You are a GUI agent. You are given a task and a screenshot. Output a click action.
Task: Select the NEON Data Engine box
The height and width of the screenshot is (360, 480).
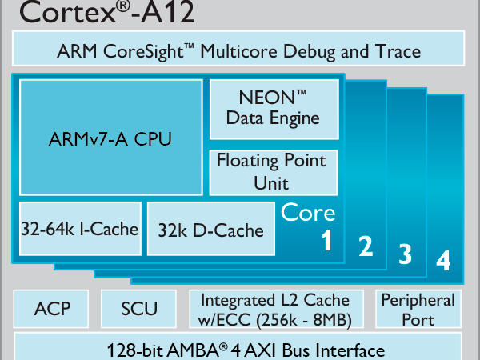pyautogui.click(x=273, y=109)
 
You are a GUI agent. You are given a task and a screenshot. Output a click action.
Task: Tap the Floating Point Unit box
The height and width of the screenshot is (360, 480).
pyautogui.click(x=272, y=172)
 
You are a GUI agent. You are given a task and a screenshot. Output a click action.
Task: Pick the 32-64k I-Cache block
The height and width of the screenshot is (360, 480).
pyautogui.click(x=79, y=230)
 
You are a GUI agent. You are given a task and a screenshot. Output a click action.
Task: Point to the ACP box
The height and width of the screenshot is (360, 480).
pyautogui.click(x=53, y=309)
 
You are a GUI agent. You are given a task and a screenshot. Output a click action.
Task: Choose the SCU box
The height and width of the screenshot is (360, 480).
pyautogui.click(x=140, y=309)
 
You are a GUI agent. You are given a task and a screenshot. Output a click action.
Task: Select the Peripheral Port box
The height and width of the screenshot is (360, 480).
pyautogui.click(x=418, y=310)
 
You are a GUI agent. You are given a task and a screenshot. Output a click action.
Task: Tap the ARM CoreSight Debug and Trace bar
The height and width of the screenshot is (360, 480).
pyautogui.click(x=239, y=51)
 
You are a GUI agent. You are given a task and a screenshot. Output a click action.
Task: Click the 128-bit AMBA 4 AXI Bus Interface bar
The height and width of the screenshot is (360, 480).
pyautogui.click(x=239, y=350)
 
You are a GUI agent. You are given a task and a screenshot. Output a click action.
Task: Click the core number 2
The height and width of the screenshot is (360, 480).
pyautogui.click(x=366, y=247)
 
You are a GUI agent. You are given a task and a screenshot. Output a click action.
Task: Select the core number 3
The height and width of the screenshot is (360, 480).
pyautogui.click(x=406, y=254)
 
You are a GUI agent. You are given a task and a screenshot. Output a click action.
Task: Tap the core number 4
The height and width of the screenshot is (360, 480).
pyautogui.click(x=443, y=261)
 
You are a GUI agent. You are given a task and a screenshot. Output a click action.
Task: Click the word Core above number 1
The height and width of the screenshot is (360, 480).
pyautogui.click(x=308, y=213)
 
